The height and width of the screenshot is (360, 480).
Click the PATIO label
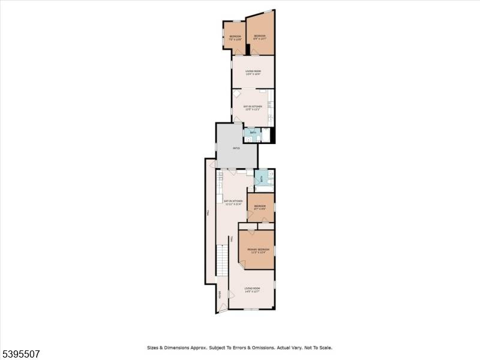[236, 147]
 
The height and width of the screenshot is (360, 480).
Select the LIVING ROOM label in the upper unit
[253, 73]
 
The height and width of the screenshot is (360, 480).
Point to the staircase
[222, 258]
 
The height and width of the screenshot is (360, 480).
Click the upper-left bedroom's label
[235, 37]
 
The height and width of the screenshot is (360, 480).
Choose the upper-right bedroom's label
[260, 37]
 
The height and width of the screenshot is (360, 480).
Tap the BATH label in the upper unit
[253, 133]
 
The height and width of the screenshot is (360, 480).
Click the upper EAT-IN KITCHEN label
[253, 107]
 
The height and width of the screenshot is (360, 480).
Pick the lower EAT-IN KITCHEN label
[233, 202]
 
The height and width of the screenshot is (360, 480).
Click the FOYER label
[220, 294]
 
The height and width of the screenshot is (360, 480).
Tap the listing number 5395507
[20, 354]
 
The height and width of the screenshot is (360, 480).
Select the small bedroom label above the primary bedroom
[260, 207]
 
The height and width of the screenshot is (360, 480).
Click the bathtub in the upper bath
[265, 134]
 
